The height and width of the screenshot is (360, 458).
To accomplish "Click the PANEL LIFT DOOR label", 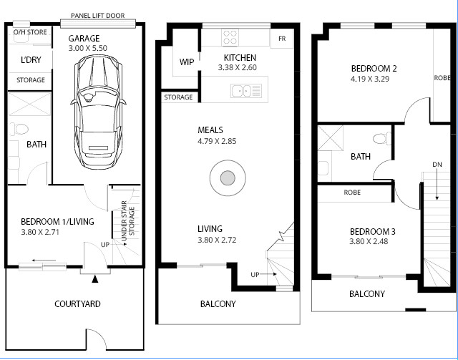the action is coord(98,16).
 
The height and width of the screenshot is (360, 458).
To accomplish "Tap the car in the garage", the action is coord(99,112).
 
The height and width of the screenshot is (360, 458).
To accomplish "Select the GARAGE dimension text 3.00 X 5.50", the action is coord(87,48).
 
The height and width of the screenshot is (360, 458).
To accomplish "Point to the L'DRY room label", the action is coord(31,60).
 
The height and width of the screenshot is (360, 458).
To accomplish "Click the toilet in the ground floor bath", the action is coord(19,129).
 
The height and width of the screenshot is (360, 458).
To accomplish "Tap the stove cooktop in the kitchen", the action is coord(230,37).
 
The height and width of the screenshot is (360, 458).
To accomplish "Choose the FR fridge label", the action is coord(282,39).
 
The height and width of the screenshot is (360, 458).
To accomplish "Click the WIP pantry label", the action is coord(187,62).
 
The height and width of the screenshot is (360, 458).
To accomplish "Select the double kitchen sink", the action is coord(246,91).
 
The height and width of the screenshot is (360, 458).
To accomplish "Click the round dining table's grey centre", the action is coord(228,178).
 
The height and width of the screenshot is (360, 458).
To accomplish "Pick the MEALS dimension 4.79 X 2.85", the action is coord(217,142).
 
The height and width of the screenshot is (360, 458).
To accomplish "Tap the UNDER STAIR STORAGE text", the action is coord(128,220).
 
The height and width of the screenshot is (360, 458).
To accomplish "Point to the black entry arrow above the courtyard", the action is coord(95,279).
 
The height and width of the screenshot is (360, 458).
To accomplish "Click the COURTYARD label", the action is coord(77,304).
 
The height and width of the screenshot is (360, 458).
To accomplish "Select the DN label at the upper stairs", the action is coord(437,165).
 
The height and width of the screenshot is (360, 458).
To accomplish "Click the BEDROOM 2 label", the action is coord(374,69).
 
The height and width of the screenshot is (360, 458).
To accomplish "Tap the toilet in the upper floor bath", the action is coord(382,138).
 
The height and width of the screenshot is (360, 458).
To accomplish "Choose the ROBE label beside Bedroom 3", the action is coord(352,193).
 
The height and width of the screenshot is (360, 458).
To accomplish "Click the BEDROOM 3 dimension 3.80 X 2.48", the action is coord(369,242).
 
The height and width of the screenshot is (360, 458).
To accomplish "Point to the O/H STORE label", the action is coord(30,32).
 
